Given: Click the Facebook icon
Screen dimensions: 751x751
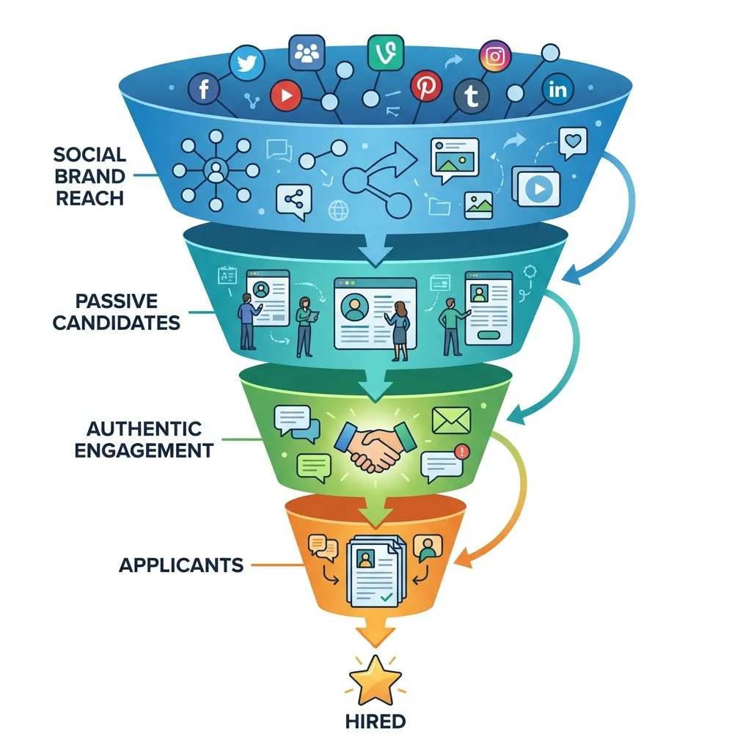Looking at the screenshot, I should [x=204, y=89].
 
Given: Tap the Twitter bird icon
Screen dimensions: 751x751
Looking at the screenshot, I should [x=246, y=63].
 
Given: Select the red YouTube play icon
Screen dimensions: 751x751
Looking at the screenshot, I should [x=286, y=95].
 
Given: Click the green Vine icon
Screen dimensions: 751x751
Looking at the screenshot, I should [x=386, y=52].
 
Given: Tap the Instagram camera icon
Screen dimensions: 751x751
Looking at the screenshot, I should [x=495, y=56].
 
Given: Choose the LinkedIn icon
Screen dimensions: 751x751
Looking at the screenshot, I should [x=558, y=89].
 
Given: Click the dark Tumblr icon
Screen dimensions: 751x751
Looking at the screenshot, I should [x=471, y=97].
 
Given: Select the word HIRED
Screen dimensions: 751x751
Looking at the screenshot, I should [x=375, y=721].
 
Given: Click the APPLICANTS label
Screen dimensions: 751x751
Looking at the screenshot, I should [x=181, y=565].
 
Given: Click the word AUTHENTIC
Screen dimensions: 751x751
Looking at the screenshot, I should [x=144, y=428].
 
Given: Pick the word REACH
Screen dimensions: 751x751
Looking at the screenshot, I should [x=89, y=199].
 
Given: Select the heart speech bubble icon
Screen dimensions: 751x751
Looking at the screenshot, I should [x=574, y=142].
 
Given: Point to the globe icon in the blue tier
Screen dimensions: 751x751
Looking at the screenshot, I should [x=339, y=210].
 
